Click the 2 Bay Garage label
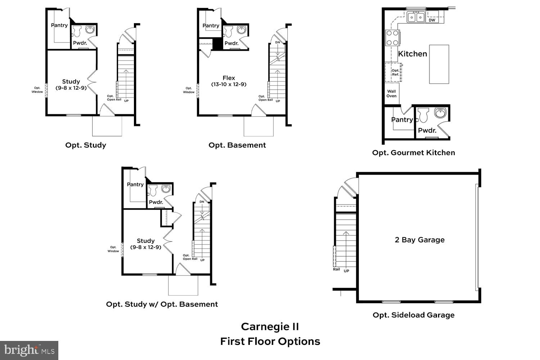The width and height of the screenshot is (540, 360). (419, 240)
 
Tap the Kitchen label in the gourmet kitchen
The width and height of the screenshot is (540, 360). (412, 54)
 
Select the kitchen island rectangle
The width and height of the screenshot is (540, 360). (439, 64)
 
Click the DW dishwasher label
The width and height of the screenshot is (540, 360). (432, 20)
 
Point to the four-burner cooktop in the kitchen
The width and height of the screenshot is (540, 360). (392, 38)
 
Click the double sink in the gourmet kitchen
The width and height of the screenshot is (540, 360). (416, 17)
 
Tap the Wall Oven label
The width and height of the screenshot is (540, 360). (391, 94)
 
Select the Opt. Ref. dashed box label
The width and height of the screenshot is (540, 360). (395, 72)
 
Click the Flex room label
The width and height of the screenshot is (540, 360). (229, 78)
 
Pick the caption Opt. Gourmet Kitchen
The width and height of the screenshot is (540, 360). (413, 153)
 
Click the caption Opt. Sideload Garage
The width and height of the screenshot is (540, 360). (413, 315)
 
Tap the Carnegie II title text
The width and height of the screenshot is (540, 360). (270, 327)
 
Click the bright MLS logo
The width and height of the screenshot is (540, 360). (29, 350)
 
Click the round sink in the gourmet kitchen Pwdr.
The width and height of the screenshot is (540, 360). (440, 113)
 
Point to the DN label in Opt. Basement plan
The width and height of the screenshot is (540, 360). (277, 42)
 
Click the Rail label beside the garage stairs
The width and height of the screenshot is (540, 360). (336, 269)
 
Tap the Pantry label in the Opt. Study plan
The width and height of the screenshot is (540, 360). (59, 25)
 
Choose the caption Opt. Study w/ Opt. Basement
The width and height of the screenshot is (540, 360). (162, 304)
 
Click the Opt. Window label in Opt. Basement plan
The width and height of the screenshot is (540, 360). (189, 90)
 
